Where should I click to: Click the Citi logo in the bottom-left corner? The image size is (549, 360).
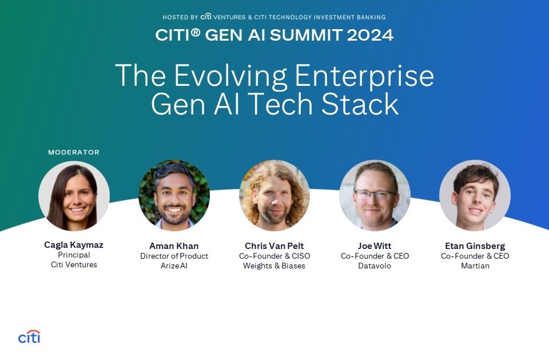tap(29, 337)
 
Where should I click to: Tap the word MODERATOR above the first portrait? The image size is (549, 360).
tap(74, 152)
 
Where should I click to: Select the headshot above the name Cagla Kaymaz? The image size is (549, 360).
tap(74, 196)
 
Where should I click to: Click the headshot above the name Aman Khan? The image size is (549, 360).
tap(174, 195)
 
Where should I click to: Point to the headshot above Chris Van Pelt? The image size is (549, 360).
tap(274, 195)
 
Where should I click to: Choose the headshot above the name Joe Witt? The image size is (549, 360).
tap(375, 195)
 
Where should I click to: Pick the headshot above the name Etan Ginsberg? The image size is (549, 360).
tap(475, 195)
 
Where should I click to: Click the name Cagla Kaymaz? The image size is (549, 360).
tap(74, 245)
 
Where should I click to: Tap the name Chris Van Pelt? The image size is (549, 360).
tap(274, 246)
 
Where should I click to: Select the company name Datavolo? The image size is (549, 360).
tap(375, 266)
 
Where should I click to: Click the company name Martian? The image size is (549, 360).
tap(475, 266)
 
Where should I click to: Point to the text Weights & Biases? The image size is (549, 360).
tap(274, 266)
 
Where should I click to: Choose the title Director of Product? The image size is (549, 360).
tap(174, 256)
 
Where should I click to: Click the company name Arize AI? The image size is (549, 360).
tap(174, 266)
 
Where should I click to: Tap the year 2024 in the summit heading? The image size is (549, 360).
tap(371, 35)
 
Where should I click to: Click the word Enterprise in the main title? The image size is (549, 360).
tap(364, 76)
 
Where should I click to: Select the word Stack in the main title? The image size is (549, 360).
tap(360, 104)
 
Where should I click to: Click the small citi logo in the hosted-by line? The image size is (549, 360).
tap(206, 16)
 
